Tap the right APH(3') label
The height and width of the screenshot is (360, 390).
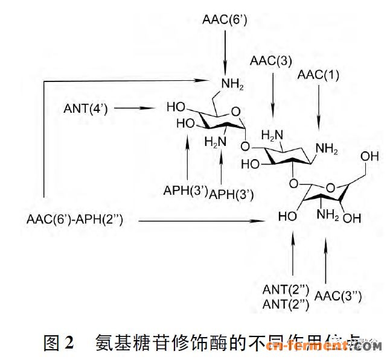[231, 194]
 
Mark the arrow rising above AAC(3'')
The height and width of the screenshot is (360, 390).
[327, 259]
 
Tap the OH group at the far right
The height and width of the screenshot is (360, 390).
[370, 156]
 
